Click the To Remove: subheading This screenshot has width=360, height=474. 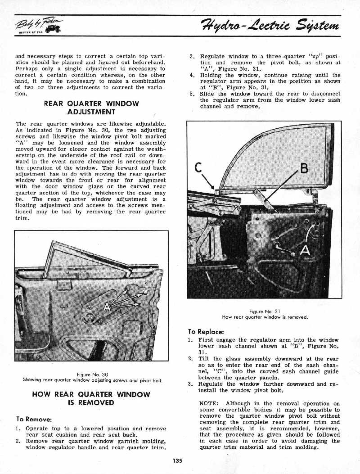(35, 419)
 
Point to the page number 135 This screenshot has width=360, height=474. (177, 460)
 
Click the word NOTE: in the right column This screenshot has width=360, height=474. (209, 404)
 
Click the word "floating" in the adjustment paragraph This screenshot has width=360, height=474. (29, 205)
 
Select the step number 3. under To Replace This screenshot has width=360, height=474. (190, 384)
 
